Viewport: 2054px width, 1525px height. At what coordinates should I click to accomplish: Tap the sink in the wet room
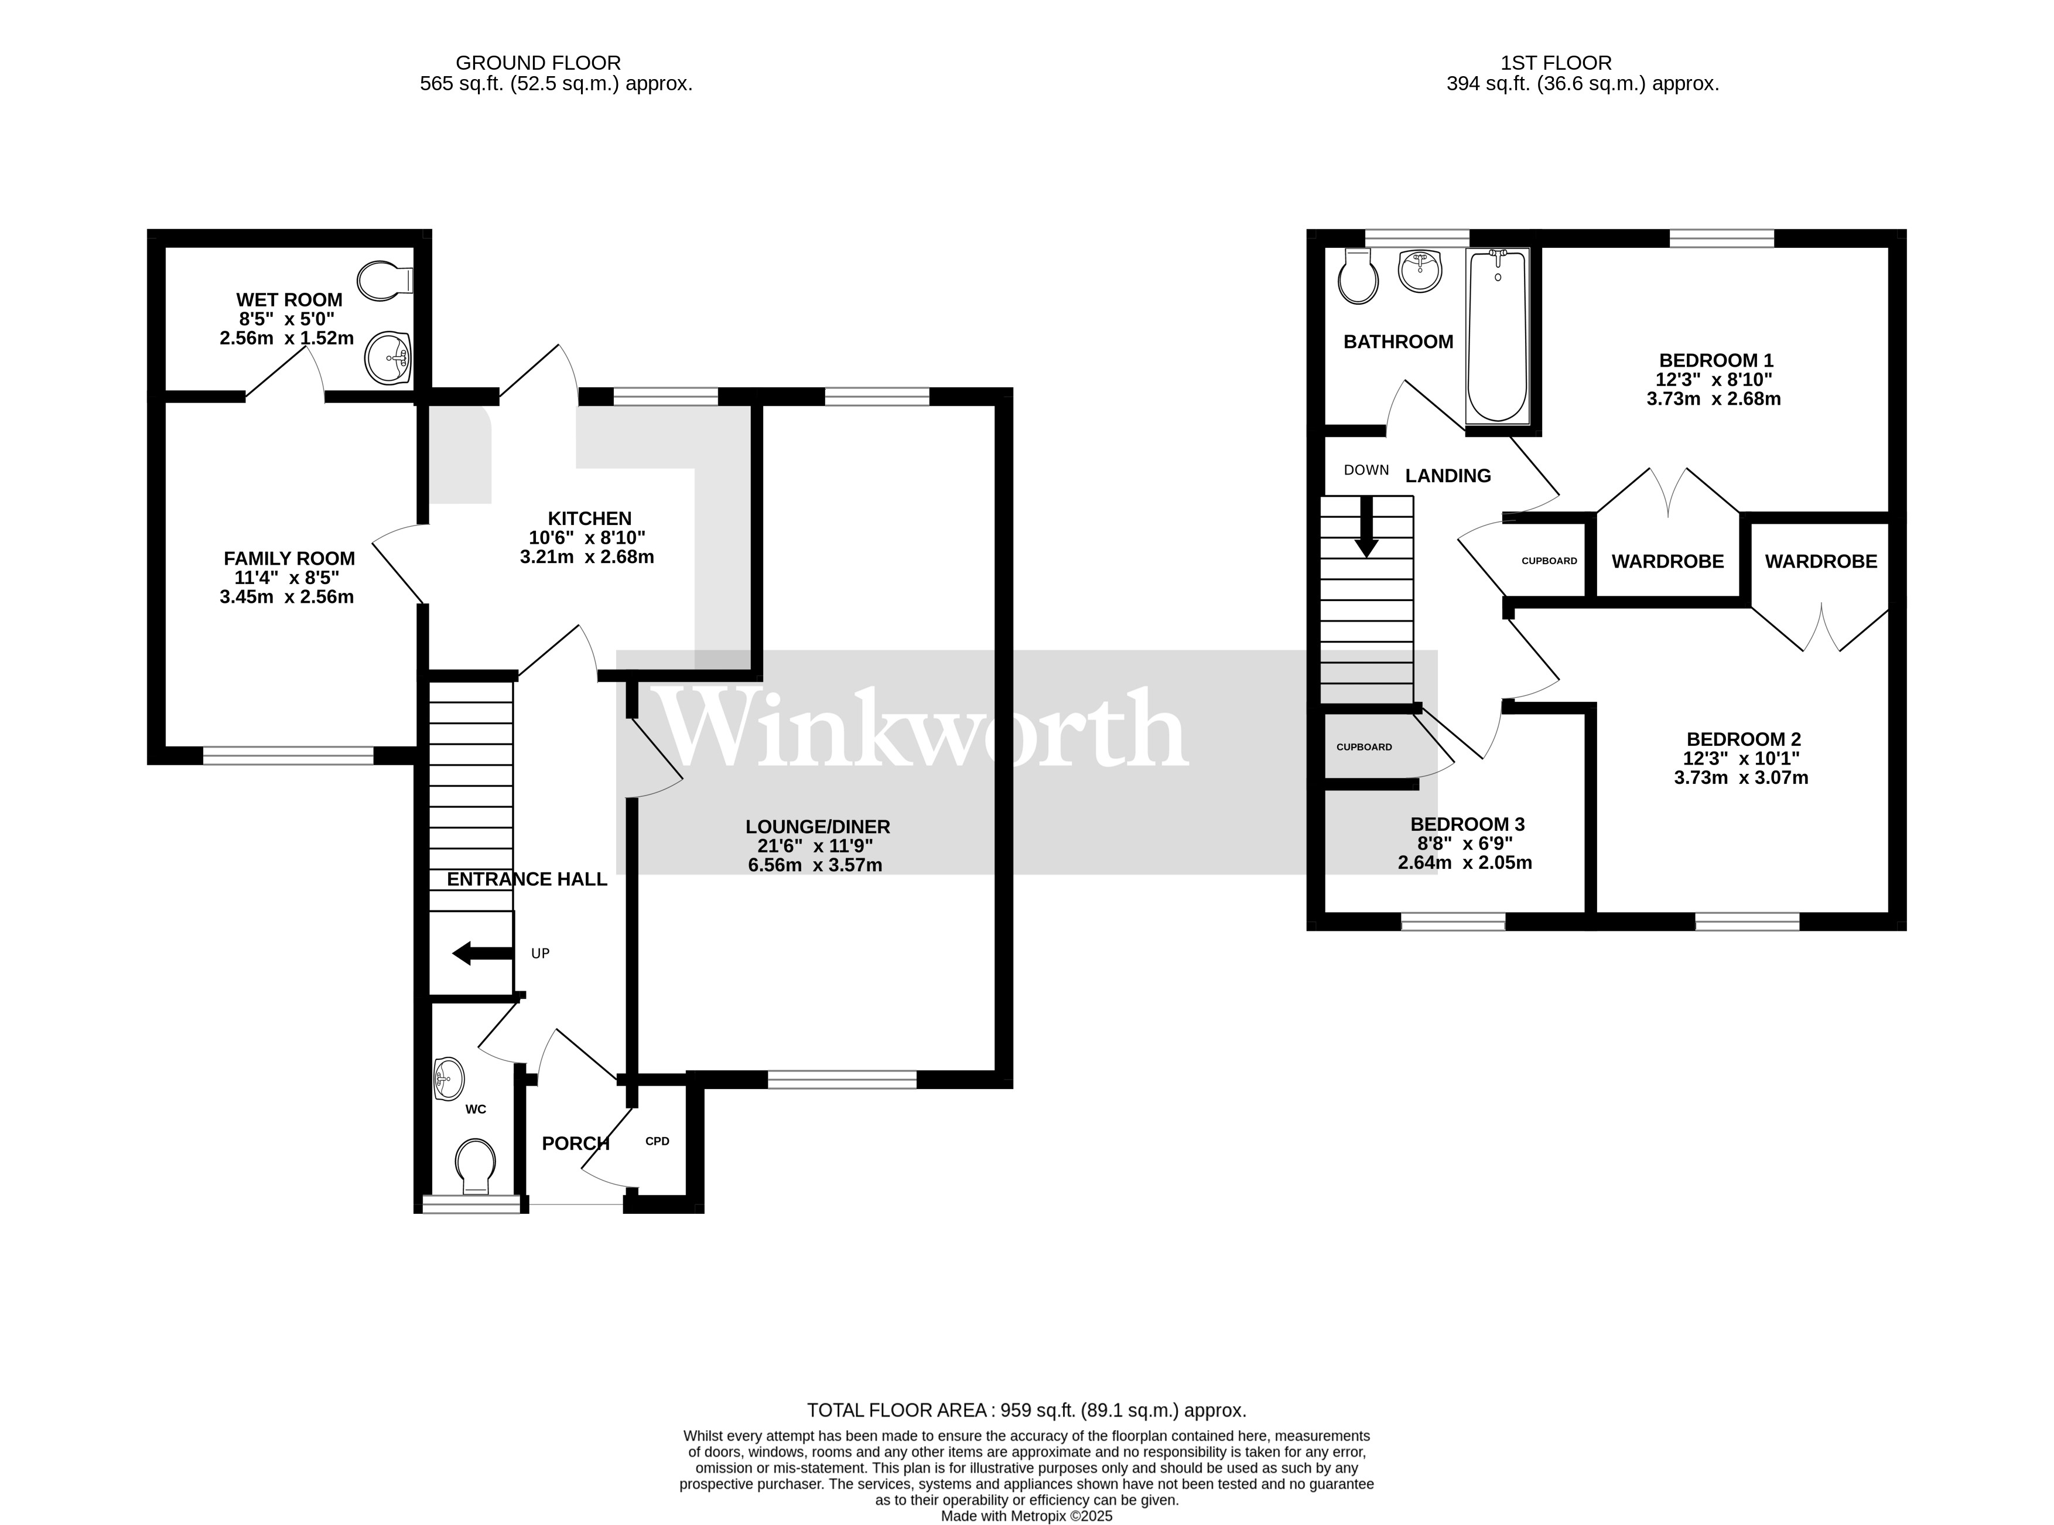click(x=388, y=357)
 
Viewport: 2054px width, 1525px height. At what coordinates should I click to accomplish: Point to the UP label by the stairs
click(x=540, y=954)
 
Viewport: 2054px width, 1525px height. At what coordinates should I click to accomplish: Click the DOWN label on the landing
click(x=1366, y=470)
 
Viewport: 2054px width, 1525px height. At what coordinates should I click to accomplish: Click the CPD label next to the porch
click(x=657, y=1141)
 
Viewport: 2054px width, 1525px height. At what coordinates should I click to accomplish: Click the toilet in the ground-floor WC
click(x=475, y=1165)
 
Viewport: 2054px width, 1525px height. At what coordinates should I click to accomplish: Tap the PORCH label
click(x=575, y=1144)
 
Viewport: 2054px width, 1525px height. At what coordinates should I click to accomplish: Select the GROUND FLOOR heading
click(x=538, y=63)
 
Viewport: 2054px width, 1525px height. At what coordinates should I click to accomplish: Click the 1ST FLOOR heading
click(x=1556, y=63)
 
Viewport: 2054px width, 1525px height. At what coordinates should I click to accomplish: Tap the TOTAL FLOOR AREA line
click(x=1026, y=1411)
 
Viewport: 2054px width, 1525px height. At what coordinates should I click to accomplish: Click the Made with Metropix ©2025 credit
click(x=1026, y=1516)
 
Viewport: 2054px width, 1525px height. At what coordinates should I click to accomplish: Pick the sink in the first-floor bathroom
click(x=1420, y=271)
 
